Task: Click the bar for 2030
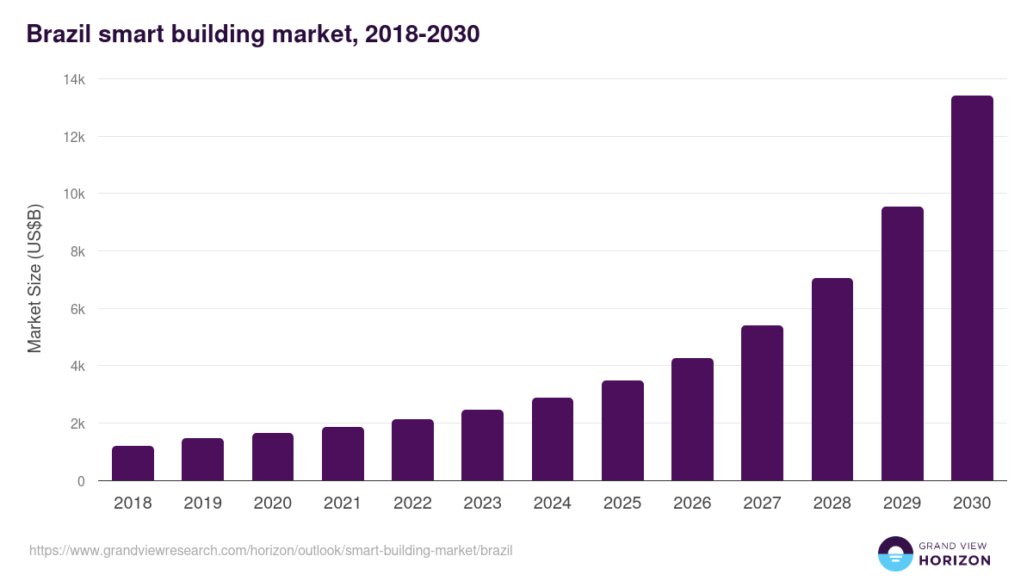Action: click(x=972, y=288)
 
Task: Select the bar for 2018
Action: click(x=133, y=463)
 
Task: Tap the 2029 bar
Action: click(x=902, y=343)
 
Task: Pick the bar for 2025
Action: click(x=622, y=430)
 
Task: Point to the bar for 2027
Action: click(x=762, y=403)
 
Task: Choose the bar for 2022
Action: click(x=412, y=449)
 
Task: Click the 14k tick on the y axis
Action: click(x=74, y=79)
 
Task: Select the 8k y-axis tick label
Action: click(x=77, y=251)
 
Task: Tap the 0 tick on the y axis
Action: click(x=81, y=481)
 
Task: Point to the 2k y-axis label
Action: click(x=77, y=423)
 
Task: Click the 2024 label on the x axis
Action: click(x=552, y=504)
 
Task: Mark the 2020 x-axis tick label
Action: click(x=272, y=504)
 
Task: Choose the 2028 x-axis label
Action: click(x=832, y=504)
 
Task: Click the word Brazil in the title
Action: click(x=57, y=34)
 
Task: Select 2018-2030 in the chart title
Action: click(x=422, y=34)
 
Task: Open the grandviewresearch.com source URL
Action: click(x=271, y=550)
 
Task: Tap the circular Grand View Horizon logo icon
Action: click(x=895, y=553)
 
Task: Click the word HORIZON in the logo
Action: click(x=955, y=560)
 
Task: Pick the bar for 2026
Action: click(x=692, y=419)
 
